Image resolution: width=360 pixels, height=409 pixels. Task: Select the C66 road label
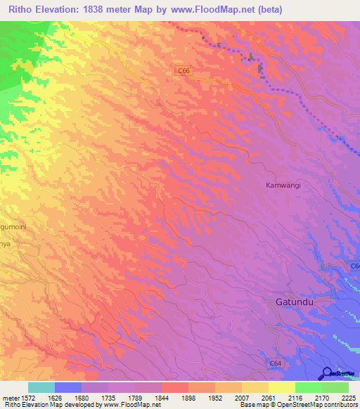(x=183, y=71)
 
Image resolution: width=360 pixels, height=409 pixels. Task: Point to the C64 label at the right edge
(x=354, y=266)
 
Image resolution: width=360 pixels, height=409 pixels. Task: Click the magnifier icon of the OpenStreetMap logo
(x=328, y=373)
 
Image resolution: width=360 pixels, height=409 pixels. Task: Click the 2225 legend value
(x=348, y=397)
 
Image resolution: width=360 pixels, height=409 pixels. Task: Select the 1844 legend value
(x=161, y=397)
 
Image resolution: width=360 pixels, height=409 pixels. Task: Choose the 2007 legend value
(x=241, y=397)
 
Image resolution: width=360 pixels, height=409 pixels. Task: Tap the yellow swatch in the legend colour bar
(x=281, y=387)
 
